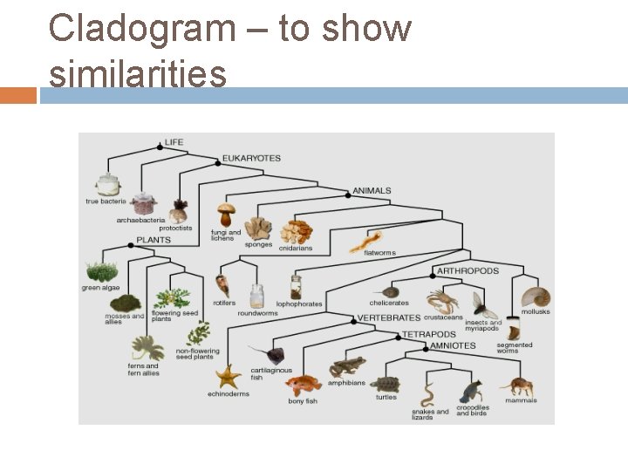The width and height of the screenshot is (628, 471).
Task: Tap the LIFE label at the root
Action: click(x=174, y=142)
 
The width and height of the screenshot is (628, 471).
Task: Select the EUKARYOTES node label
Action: click(x=251, y=158)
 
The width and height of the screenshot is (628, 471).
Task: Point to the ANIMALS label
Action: click(x=372, y=190)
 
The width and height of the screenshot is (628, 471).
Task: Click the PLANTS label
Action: click(x=153, y=239)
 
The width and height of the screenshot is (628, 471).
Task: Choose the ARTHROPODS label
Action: click(x=468, y=271)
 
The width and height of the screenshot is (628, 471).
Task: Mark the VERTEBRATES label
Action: click(x=389, y=318)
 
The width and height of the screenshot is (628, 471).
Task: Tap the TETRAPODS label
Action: click(x=428, y=334)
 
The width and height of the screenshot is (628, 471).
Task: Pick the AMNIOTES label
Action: click(x=454, y=345)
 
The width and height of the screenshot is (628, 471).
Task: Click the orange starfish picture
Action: click(x=229, y=377)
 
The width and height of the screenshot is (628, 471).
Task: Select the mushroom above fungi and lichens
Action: click(x=227, y=215)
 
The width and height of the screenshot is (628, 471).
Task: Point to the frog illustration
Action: click(x=347, y=365)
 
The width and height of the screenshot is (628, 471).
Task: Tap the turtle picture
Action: click(x=385, y=384)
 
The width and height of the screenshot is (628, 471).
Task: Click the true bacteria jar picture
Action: click(x=107, y=184)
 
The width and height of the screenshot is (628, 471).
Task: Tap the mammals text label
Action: click(x=521, y=400)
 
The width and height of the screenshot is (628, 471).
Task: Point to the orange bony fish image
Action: click(x=303, y=386)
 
